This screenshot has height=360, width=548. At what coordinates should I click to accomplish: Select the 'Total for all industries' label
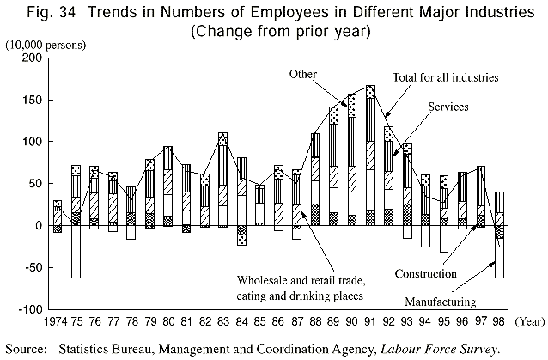click(446, 77)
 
